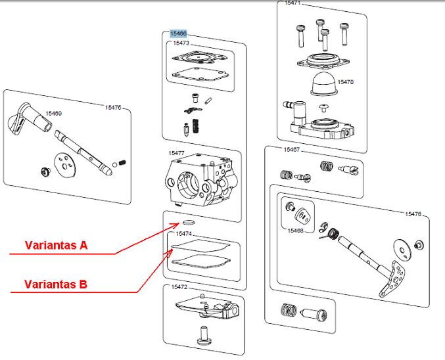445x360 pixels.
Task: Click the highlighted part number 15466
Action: coord(178,34)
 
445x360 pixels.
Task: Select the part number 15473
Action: coord(181,43)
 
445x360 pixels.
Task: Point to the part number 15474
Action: coord(183,233)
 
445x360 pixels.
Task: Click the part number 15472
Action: coord(179,287)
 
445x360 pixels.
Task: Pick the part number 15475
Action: coord(114,107)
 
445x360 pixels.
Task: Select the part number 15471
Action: coord(293,3)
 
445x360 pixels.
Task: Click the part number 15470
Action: coord(346,82)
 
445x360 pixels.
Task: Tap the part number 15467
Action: coord(292,150)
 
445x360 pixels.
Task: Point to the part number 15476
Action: coord(413,214)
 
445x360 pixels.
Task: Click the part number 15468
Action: coord(296,231)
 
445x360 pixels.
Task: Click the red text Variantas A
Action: coord(56,246)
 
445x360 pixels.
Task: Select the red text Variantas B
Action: coord(56,284)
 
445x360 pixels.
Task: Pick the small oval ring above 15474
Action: coord(185,223)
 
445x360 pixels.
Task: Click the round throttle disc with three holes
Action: coord(64,164)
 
